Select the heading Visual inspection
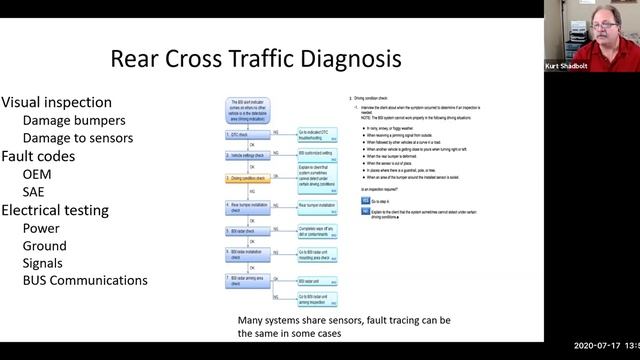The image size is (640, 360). (x=52, y=102)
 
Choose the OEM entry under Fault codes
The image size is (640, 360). (x=38, y=174)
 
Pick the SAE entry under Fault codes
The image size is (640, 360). (x=36, y=192)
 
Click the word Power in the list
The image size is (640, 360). (x=42, y=228)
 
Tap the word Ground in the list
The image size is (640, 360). (x=45, y=246)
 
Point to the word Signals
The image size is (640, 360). (x=45, y=264)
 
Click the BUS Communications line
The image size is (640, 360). (x=85, y=282)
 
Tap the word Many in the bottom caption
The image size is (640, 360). (x=252, y=320)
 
